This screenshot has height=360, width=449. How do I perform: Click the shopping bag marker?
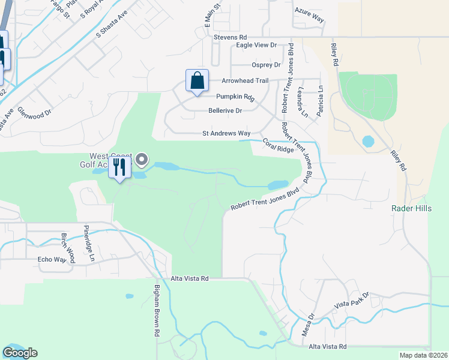(197, 80)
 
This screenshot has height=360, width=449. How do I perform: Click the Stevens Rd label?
(231, 37)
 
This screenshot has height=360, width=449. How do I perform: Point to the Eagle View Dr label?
(256, 45)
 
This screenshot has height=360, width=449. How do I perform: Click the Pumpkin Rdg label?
(235, 97)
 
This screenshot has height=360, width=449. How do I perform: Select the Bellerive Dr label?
(224, 110)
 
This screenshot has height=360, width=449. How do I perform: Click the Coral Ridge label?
(277, 145)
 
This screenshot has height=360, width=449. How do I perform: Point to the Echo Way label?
(51, 259)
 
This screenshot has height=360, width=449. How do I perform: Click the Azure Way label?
(309, 19)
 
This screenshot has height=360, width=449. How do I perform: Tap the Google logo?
(20, 353)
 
